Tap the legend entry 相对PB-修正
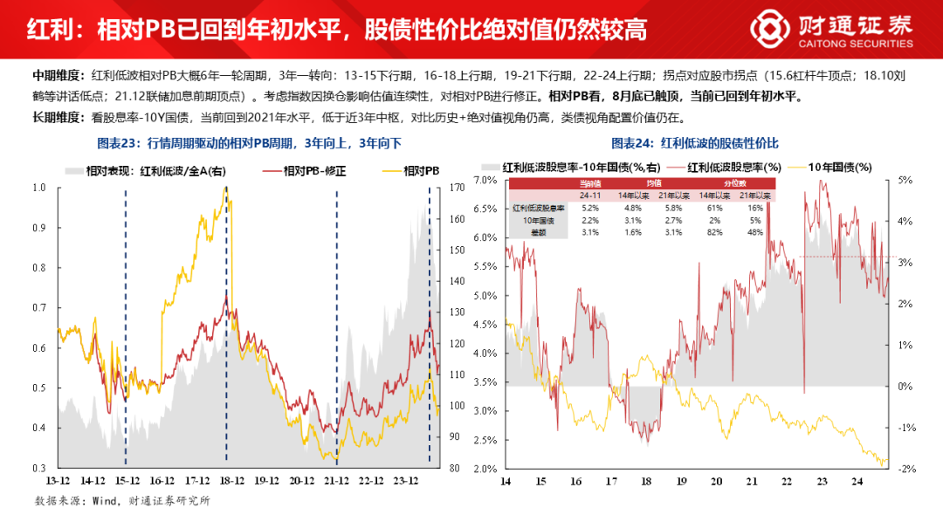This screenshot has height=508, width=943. tap(316, 171)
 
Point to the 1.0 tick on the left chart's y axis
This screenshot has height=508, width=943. tap(39, 188)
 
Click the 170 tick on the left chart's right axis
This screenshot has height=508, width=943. tap(455, 188)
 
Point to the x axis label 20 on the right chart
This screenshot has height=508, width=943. tap(716, 481)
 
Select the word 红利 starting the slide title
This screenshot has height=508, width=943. tap(45, 30)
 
